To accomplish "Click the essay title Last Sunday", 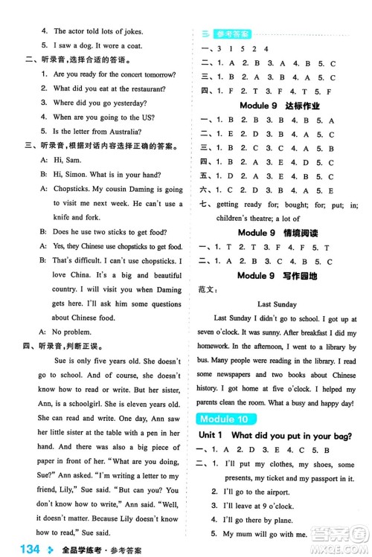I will (x=277, y=304).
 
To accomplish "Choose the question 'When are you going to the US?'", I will (x=103, y=117).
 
